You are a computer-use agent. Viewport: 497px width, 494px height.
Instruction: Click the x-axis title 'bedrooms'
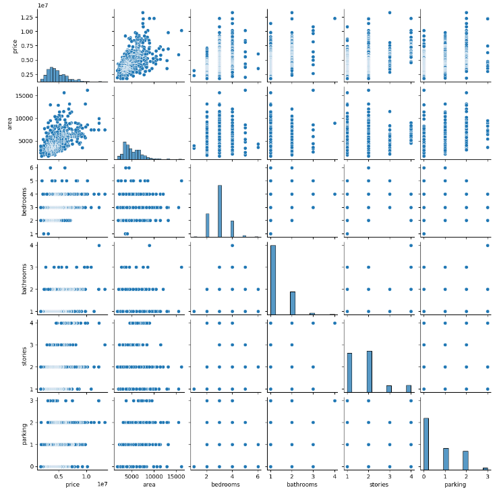tap(225, 485)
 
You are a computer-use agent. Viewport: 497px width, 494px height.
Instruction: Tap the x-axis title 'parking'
tap(455, 485)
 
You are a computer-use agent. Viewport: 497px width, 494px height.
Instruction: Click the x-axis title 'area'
tap(149, 485)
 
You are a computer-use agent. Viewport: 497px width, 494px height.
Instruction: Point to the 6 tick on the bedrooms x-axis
tap(258, 475)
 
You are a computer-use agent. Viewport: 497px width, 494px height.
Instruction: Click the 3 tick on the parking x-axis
tap(487, 475)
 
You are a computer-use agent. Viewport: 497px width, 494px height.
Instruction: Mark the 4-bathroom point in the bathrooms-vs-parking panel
tap(487, 245)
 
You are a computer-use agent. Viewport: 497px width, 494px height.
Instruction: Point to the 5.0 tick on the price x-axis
tap(63, 475)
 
